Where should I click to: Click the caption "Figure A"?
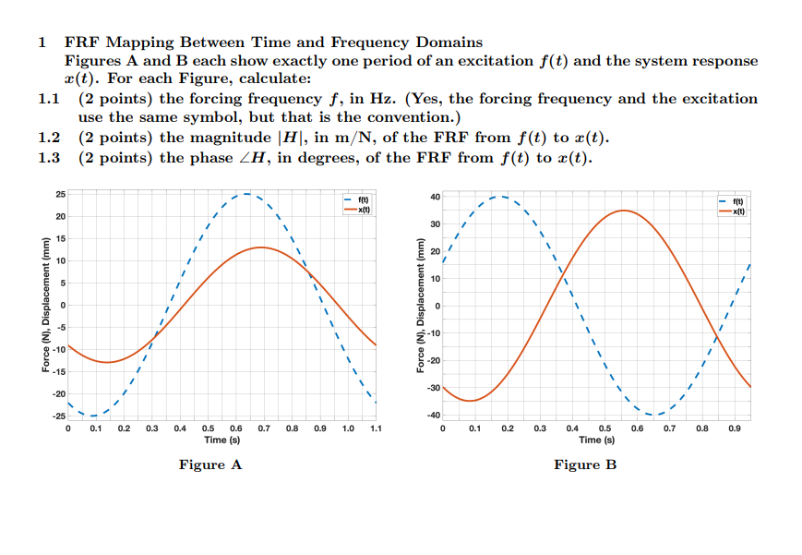(210, 465)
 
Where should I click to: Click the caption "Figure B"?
(584, 465)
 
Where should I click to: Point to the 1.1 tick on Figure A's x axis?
(376, 429)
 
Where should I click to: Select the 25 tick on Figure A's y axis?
(60, 194)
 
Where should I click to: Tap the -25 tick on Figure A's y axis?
(58, 416)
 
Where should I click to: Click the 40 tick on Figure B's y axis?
(435, 196)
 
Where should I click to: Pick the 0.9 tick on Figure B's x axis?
(736, 429)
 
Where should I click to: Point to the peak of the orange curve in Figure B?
(624, 211)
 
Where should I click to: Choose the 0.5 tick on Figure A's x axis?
(209, 429)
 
